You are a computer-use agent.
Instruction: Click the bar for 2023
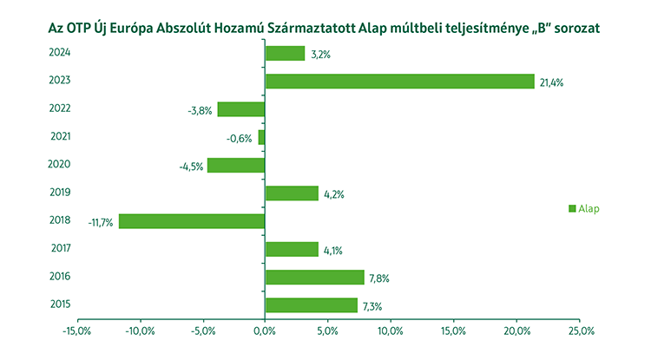pyautogui.click(x=399, y=82)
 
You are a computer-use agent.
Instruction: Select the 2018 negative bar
pyautogui.click(x=192, y=221)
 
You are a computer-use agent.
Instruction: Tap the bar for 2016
pyautogui.click(x=314, y=277)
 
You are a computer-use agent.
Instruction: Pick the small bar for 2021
pyautogui.click(x=261, y=137)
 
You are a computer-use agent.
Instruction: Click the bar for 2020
pyautogui.click(x=236, y=165)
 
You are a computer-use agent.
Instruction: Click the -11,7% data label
pyautogui.click(x=101, y=222)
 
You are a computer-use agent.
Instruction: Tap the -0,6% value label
pyautogui.click(x=240, y=138)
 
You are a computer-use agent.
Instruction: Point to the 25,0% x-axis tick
pyautogui.click(x=580, y=331)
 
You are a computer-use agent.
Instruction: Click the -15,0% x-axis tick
pyautogui.click(x=77, y=331)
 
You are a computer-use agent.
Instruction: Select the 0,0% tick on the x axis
pyautogui.click(x=265, y=331)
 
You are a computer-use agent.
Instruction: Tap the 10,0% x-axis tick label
pyautogui.click(x=391, y=331)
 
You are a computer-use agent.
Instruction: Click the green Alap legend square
pyautogui.click(x=572, y=208)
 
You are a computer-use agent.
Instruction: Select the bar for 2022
pyautogui.click(x=241, y=109)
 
